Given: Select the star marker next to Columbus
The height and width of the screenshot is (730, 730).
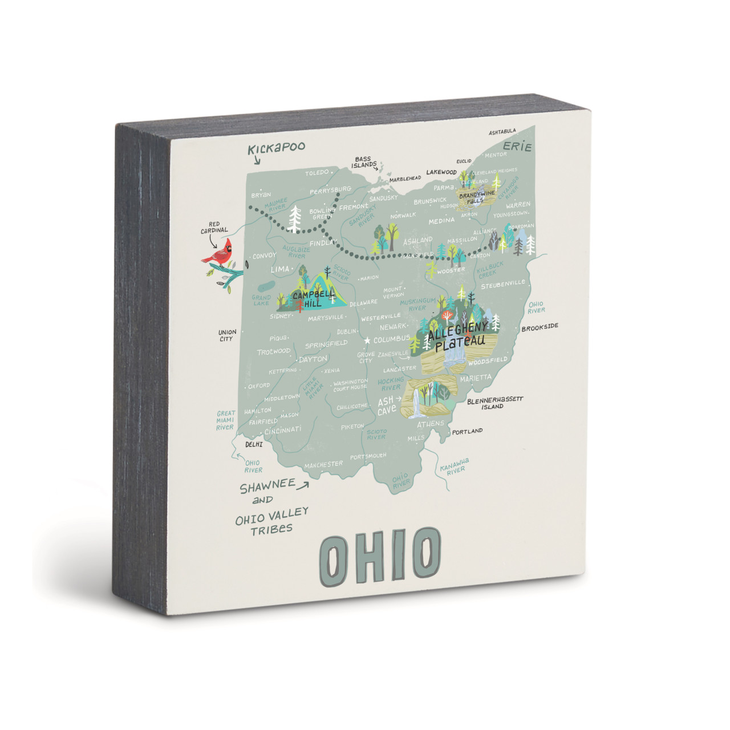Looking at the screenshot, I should click(x=367, y=340).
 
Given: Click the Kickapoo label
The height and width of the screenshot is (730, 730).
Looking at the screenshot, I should click(x=277, y=148).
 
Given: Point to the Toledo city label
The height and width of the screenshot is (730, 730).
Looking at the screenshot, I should click(x=317, y=172).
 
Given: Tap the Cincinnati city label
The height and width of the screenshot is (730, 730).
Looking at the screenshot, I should click(x=283, y=431).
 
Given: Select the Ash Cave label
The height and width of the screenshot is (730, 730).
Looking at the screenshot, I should click(x=387, y=406).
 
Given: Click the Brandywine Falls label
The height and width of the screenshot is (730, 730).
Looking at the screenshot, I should click(x=477, y=197).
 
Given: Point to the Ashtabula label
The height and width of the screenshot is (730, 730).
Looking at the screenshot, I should click(x=502, y=132).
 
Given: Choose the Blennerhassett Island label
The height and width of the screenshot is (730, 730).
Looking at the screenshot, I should click(x=494, y=403).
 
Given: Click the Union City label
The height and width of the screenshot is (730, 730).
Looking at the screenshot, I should click(x=227, y=335).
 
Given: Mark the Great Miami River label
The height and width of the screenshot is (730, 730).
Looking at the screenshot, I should click(x=225, y=420).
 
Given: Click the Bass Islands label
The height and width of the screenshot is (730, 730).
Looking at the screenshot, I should click(x=363, y=162).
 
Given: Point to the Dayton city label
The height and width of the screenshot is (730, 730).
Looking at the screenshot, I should click(x=313, y=359).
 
